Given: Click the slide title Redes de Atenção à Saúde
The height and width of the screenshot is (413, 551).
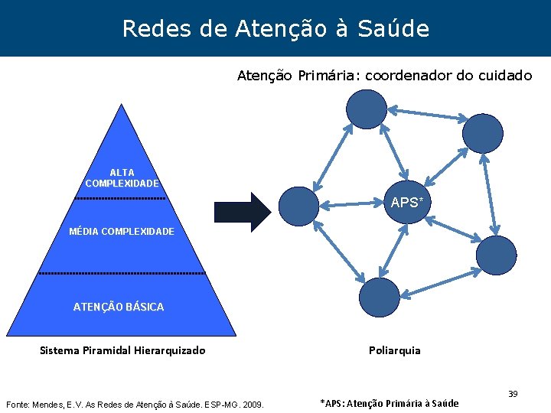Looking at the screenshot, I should (x=275, y=29).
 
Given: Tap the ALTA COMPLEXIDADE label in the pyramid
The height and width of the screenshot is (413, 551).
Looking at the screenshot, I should (x=122, y=178).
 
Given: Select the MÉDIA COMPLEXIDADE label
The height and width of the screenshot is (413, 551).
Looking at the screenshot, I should (x=122, y=231).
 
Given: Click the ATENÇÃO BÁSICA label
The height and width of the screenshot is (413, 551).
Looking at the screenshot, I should (x=119, y=307).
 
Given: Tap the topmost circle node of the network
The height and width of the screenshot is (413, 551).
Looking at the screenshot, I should (x=367, y=109).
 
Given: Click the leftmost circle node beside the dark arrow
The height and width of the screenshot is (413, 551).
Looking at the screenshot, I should (x=298, y=206).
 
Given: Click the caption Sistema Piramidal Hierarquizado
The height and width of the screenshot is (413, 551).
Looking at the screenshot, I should (x=122, y=350).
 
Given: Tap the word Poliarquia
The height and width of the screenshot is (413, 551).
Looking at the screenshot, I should (x=394, y=350).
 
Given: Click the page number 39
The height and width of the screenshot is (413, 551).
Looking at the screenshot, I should (x=514, y=394).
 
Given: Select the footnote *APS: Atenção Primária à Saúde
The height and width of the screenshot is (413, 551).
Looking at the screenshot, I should (x=389, y=403).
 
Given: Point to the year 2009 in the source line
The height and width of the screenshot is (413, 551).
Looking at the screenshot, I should (x=252, y=403).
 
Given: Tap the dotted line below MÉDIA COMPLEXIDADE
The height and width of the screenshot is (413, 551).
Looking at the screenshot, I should (x=122, y=273).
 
